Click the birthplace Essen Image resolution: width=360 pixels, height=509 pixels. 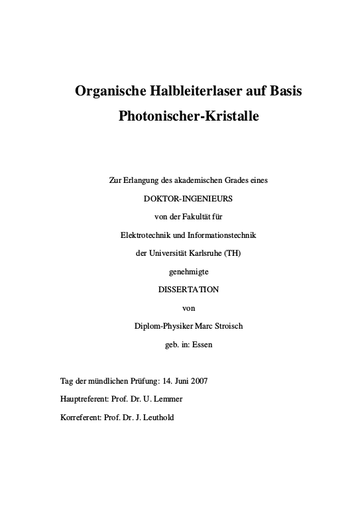202,344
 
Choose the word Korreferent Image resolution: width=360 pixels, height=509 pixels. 81,418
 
